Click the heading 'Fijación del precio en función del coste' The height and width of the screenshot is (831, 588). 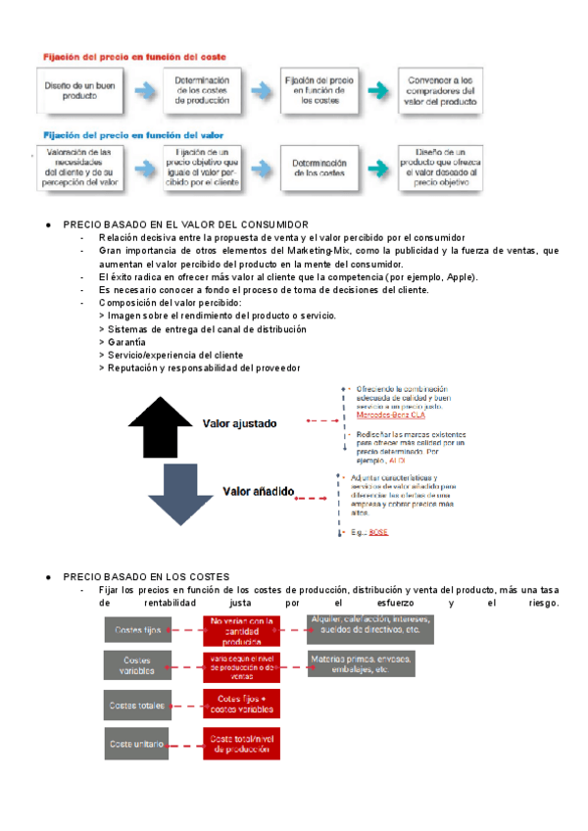133,58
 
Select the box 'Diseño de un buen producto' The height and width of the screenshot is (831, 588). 70,90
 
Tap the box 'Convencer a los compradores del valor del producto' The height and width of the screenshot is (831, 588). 438,90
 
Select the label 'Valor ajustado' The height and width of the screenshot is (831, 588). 240,424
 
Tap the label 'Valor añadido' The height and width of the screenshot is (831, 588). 259,491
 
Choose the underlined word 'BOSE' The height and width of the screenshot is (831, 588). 378,532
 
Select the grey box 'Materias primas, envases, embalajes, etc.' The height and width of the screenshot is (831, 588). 362,664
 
